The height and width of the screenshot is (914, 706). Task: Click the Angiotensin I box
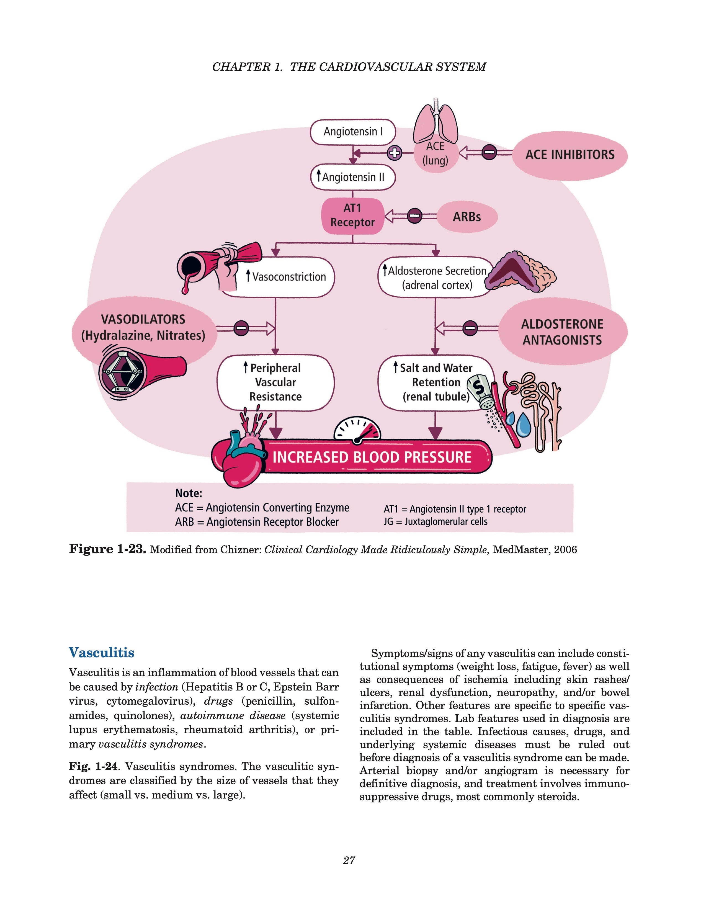coord(352,132)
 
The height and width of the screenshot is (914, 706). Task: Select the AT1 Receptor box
coord(352,215)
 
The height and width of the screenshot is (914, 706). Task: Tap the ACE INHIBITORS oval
coord(570,155)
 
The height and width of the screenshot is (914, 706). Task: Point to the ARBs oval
coord(467,217)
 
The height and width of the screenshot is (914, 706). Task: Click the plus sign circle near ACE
coord(394,153)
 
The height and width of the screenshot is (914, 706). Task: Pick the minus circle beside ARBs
coord(414,216)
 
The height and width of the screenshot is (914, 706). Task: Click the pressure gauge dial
coord(358,429)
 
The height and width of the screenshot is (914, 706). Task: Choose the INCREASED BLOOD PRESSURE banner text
coord(372,457)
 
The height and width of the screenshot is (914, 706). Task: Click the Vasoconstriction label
coord(288,277)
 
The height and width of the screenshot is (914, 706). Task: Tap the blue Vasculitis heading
coord(102,653)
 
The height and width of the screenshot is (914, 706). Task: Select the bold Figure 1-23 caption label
coord(107,549)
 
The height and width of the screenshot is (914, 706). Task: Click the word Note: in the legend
coord(188,493)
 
